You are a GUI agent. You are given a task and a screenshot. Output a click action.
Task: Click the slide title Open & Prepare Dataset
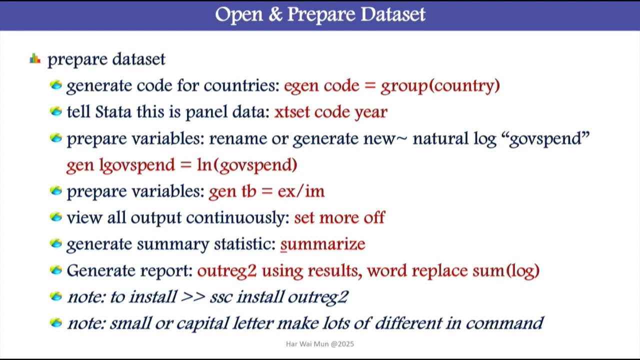point(320,14)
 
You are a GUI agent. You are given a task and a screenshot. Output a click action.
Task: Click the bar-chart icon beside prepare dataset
point(35,59)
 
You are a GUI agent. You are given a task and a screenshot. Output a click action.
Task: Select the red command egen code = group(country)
point(391,85)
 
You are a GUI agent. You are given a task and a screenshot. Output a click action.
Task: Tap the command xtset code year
point(330,112)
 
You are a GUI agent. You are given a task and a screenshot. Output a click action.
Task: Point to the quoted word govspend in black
point(549,138)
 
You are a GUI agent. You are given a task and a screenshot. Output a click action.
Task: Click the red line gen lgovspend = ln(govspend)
point(181,165)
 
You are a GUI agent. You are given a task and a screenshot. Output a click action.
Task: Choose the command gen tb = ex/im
point(266,191)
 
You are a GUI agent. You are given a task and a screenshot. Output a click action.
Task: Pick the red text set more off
point(339,218)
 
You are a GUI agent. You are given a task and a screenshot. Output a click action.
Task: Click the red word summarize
point(322,244)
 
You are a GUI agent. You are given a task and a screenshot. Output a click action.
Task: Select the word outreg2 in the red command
point(226,271)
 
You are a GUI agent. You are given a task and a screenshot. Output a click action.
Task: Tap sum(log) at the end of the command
point(506,271)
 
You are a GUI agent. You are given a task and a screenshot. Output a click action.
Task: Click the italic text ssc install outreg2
point(278,297)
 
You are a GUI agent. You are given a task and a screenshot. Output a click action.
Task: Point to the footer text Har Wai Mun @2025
point(320,344)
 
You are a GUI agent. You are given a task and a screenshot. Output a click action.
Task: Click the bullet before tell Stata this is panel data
point(56,111)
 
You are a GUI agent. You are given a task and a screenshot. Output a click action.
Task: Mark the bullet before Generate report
point(56,270)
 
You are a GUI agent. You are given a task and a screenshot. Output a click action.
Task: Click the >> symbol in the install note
point(193,297)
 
